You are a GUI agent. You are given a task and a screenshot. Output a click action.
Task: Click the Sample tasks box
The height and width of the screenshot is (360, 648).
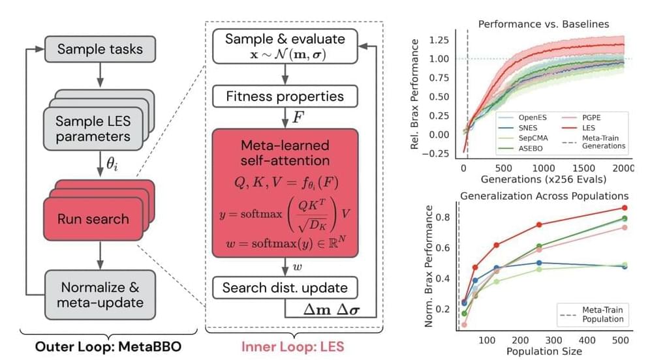click(100, 49)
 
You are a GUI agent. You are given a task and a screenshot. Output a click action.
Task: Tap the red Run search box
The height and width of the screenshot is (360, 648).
click(93, 218)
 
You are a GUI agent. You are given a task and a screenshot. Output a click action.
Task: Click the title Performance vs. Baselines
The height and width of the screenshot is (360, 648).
click(544, 24)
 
